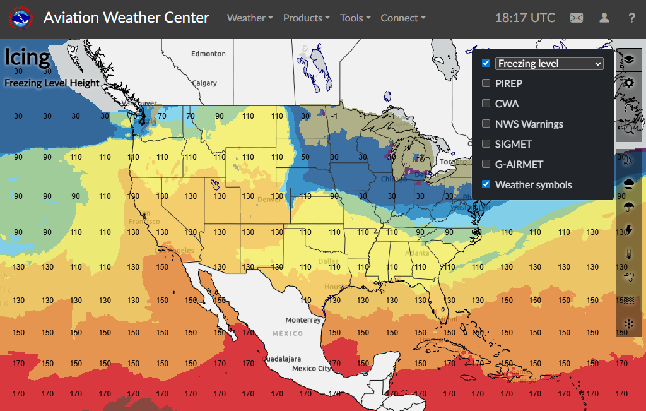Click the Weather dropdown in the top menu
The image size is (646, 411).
[250, 18]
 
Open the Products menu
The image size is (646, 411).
[306, 18]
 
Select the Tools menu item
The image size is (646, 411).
[355, 18]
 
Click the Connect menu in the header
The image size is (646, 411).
[403, 18]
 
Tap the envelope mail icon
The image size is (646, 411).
[577, 18]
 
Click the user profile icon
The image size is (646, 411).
[604, 18]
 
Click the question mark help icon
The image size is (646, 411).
[631, 18]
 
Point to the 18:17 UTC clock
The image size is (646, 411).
[525, 18]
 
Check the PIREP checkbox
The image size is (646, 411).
[486, 83]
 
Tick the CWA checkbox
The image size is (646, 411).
[486, 104]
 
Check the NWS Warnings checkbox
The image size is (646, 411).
[486, 124]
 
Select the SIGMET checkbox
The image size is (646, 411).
[486, 144]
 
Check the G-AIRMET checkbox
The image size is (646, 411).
[486, 164]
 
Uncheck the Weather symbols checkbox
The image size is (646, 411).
[486, 184]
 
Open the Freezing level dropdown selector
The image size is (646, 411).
[549, 63]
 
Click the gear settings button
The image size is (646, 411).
[629, 83]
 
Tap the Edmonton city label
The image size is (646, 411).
[208, 54]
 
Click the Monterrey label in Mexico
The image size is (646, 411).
[303, 320]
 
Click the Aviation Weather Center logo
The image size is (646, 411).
[21, 18]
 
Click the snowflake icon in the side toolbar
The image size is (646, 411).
[629, 324]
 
